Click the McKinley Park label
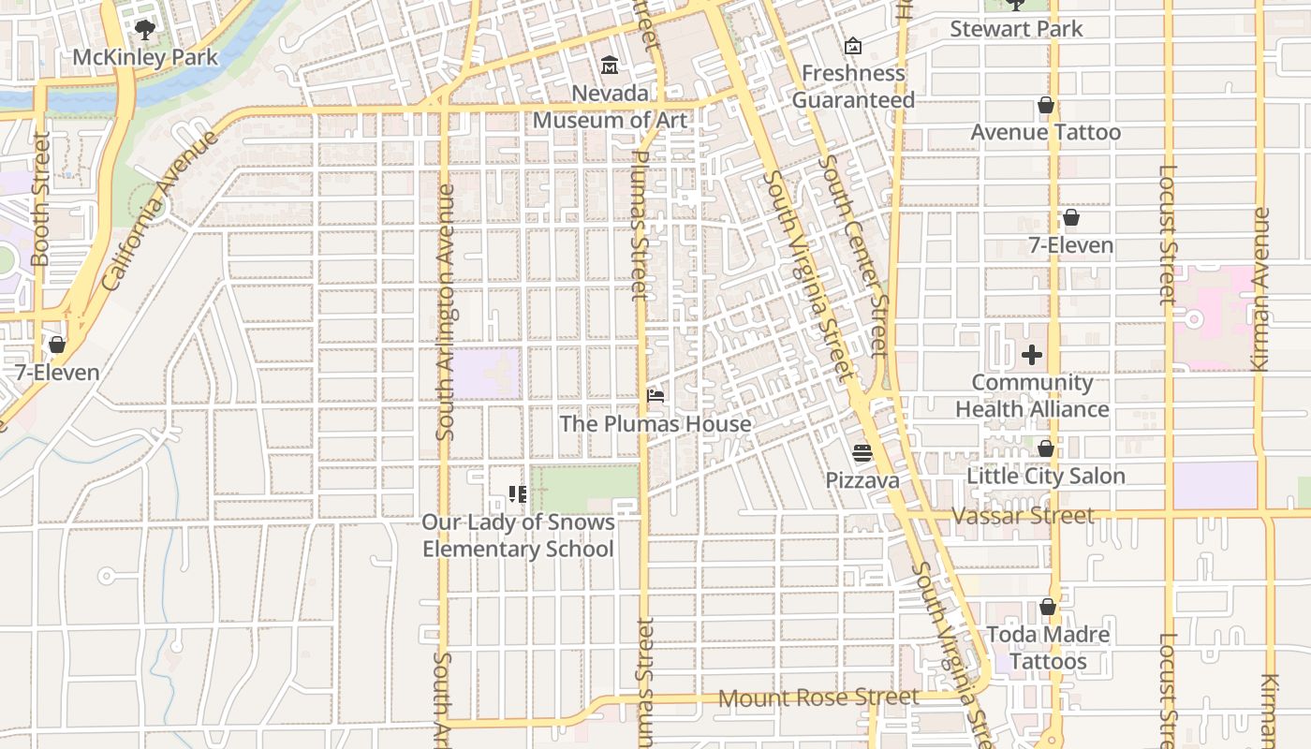[145, 57]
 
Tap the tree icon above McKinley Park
[144, 30]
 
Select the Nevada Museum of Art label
[610, 107]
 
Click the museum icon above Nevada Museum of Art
[610, 66]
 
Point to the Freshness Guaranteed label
[853, 86]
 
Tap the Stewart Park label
[1016, 29]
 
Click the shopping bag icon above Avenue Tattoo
[1045, 105]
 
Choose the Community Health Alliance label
[1032, 396]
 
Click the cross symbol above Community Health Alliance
[1032, 355]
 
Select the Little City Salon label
[1045, 476]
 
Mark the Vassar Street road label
[1022, 516]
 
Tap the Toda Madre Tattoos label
[1048, 648]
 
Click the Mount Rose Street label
[818, 698]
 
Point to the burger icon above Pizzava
[862, 453]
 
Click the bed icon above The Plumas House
[655, 396]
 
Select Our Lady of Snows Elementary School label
[518, 536]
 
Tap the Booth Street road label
[40, 198]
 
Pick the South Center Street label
[852, 256]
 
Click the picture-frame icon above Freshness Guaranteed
[853, 46]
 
